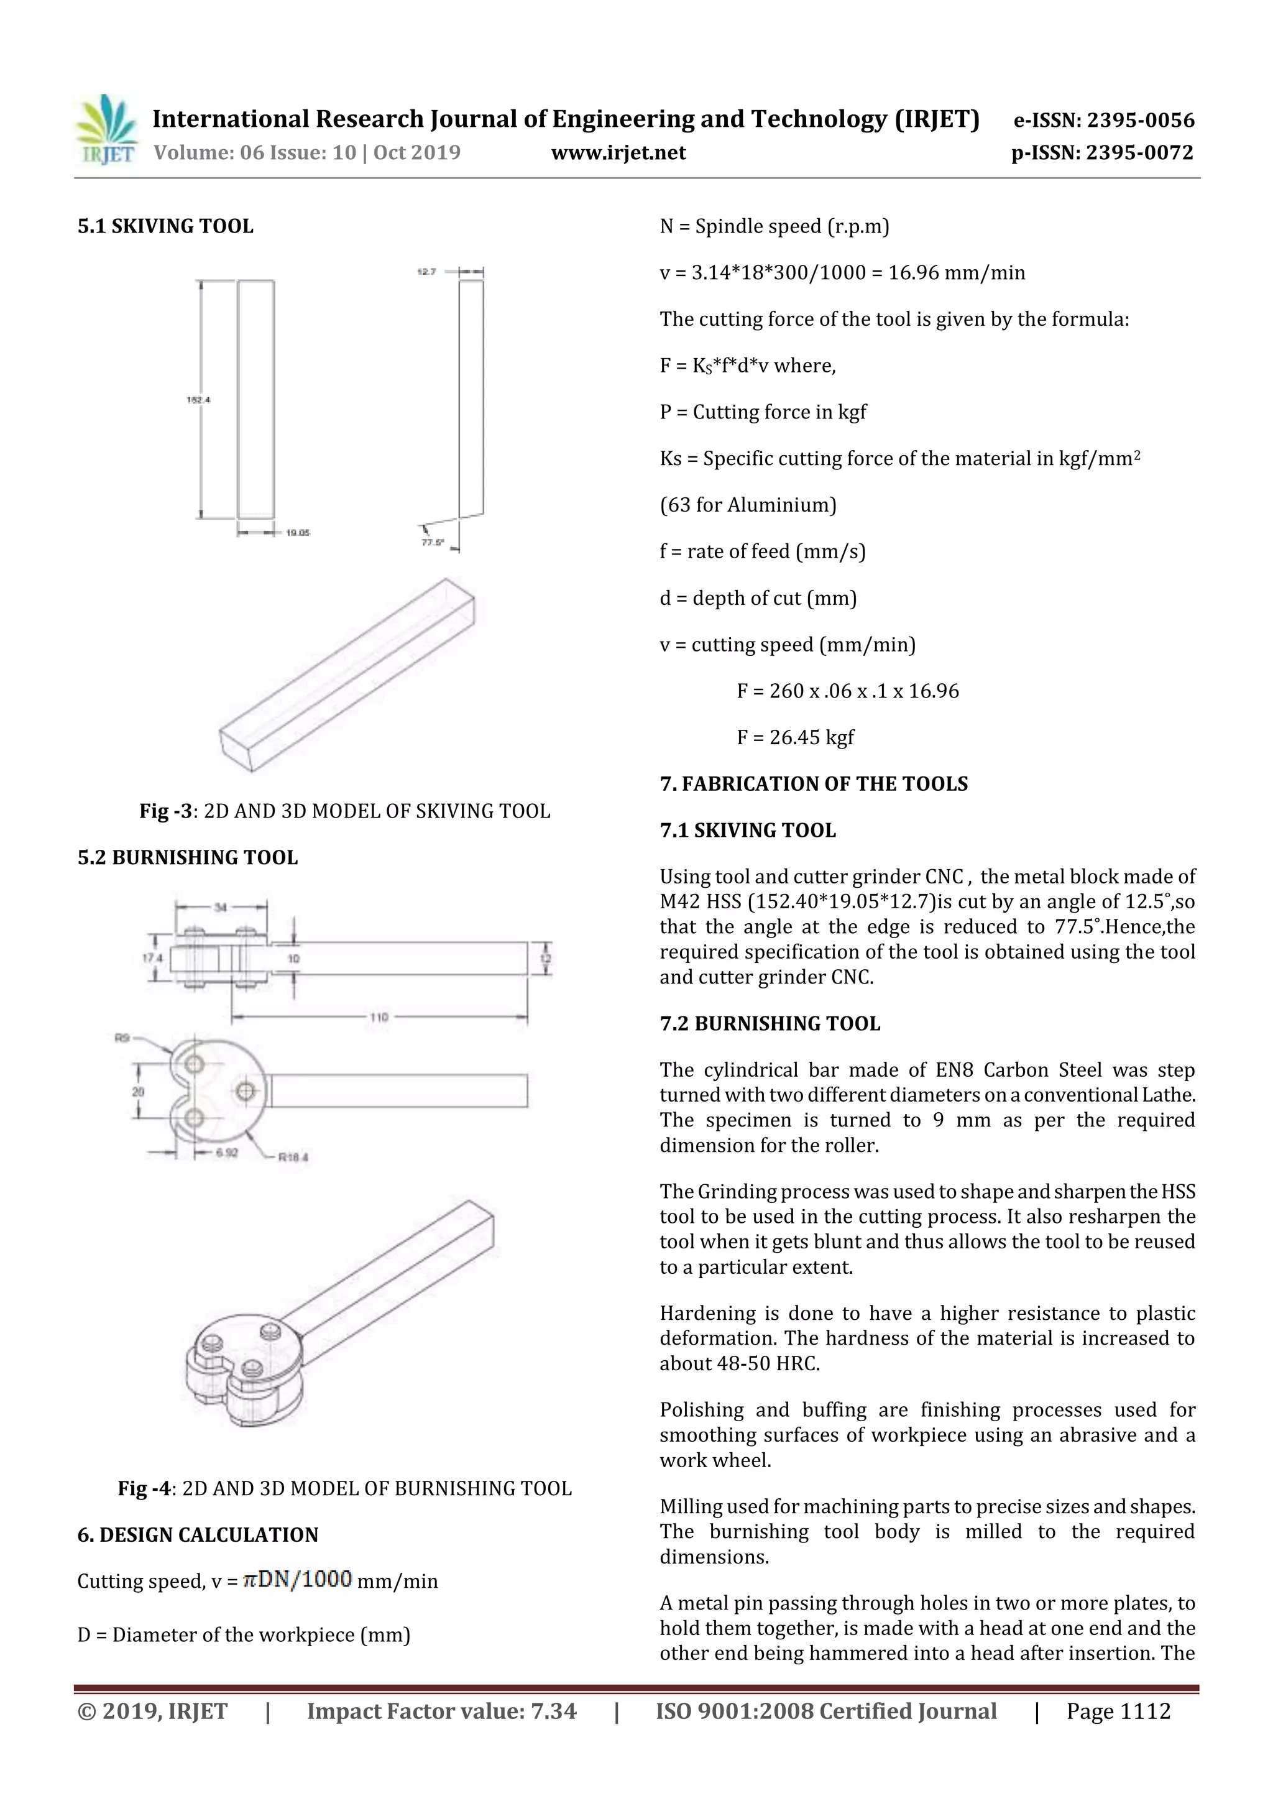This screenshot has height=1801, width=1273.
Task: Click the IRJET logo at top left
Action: (106, 130)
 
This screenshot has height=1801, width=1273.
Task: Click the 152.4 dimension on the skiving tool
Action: (198, 400)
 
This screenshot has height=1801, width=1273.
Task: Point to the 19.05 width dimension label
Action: (297, 533)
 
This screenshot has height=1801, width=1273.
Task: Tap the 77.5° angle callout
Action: (432, 542)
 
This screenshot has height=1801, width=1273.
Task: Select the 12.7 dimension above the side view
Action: (426, 272)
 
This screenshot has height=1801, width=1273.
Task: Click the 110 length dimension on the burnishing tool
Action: (379, 1018)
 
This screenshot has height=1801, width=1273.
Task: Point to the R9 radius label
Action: (122, 1038)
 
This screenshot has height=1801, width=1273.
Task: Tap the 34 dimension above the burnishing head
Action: (221, 908)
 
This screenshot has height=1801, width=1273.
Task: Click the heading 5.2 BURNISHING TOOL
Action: (188, 857)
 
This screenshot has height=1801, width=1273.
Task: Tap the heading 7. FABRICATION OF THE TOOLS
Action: (814, 783)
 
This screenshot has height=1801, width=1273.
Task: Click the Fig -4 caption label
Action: (144, 1488)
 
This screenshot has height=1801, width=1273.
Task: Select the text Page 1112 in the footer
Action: (1118, 1711)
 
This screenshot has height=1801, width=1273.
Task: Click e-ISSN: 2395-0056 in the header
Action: (1103, 120)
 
